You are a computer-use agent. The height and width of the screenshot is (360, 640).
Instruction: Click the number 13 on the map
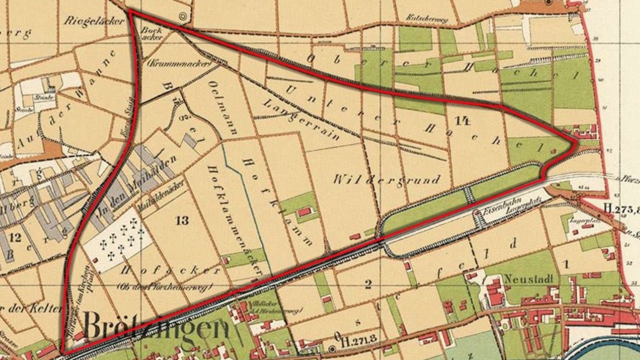182,220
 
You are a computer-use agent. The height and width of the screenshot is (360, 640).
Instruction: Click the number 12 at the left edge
15,237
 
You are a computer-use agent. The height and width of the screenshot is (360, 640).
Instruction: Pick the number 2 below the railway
368,284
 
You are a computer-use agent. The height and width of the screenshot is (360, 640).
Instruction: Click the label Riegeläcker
94,21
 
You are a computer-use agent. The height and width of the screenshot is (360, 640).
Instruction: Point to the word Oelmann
223,107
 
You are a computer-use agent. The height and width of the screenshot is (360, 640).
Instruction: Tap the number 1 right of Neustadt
566,265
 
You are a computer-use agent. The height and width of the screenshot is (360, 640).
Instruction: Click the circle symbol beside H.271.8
332,349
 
